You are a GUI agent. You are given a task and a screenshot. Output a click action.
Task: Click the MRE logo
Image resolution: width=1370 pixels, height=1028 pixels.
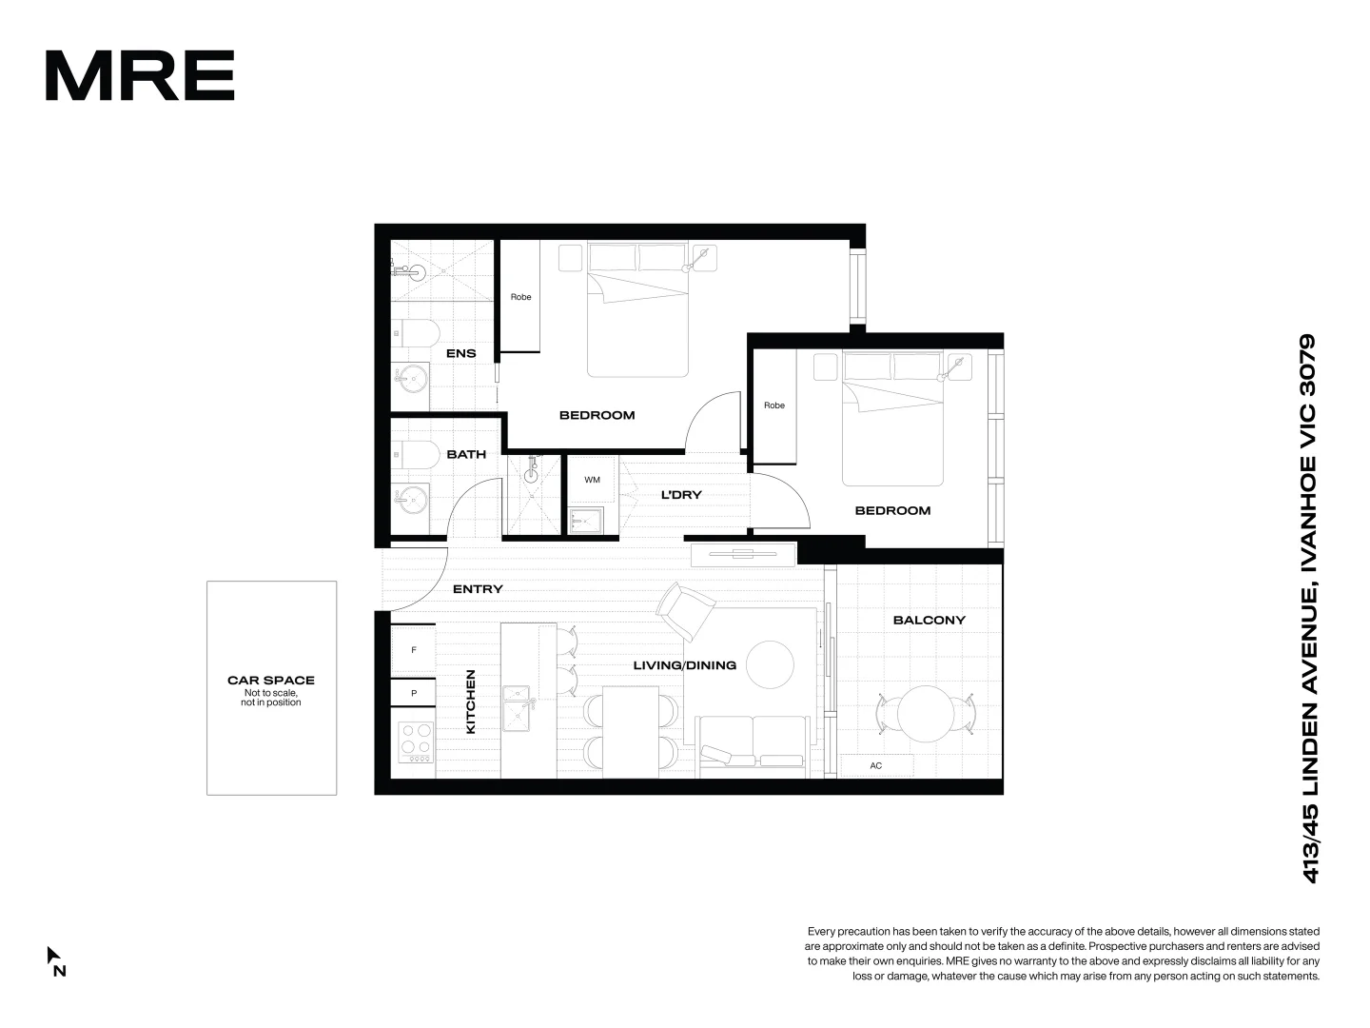tap(140, 75)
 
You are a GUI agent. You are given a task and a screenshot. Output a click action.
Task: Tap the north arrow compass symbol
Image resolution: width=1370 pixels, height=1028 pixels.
tap(55, 959)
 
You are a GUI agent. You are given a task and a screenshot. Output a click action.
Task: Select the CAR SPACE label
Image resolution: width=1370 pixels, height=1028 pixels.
tap(271, 681)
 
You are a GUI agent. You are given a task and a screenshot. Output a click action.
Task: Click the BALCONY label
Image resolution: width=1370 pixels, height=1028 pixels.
tap(929, 620)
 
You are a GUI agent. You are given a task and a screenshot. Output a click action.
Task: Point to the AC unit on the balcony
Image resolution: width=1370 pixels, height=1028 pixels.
tap(876, 765)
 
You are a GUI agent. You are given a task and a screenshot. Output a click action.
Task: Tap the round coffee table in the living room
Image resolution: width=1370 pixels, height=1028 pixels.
tap(770, 663)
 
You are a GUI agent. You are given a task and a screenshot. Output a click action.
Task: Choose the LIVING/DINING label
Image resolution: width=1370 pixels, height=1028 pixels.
tap(685, 665)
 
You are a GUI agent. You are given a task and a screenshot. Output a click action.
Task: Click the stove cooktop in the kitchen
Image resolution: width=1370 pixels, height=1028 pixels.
tap(416, 742)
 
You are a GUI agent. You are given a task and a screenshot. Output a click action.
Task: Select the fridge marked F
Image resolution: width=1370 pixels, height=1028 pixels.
tap(414, 650)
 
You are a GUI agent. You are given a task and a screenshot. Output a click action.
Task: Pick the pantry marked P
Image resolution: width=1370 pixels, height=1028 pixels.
tap(414, 694)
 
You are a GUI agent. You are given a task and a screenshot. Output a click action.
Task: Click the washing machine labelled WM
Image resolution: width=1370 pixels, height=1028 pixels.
tap(592, 480)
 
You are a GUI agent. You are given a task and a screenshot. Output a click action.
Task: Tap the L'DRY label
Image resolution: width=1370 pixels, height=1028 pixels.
tap(681, 495)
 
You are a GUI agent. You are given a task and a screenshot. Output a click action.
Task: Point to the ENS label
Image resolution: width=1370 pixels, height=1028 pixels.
tap(460, 354)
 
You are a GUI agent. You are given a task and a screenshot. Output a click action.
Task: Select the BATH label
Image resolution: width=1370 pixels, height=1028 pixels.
tap(466, 454)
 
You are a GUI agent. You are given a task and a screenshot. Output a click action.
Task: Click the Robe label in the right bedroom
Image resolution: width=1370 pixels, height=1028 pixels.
tap(774, 405)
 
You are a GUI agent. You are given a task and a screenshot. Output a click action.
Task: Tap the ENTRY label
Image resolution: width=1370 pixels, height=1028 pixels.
tap(478, 589)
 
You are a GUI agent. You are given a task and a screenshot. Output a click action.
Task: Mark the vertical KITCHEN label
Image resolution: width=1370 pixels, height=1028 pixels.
tap(470, 702)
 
